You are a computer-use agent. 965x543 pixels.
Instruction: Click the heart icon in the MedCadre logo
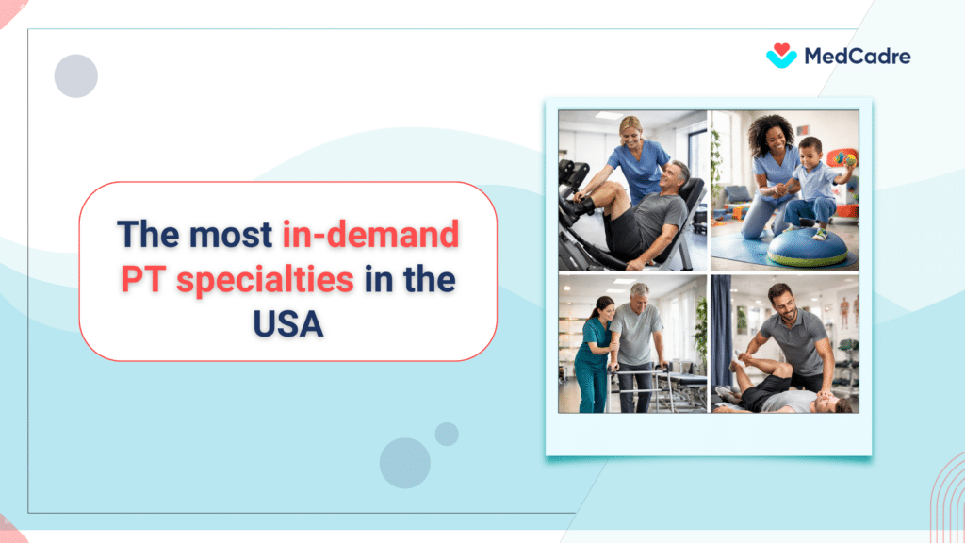tap(781, 56)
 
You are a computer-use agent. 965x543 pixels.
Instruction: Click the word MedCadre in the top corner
tap(857, 57)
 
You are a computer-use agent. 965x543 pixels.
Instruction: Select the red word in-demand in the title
tap(370, 233)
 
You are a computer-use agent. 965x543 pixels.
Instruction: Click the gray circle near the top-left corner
tap(76, 76)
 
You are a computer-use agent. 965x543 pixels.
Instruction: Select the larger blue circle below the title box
tap(405, 463)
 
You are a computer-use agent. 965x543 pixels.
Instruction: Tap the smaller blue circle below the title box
tap(447, 434)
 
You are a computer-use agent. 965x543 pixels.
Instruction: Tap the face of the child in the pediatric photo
tap(810, 153)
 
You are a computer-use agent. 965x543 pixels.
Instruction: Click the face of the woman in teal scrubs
tap(603, 309)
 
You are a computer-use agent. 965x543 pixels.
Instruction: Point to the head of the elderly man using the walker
tap(640, 295)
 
